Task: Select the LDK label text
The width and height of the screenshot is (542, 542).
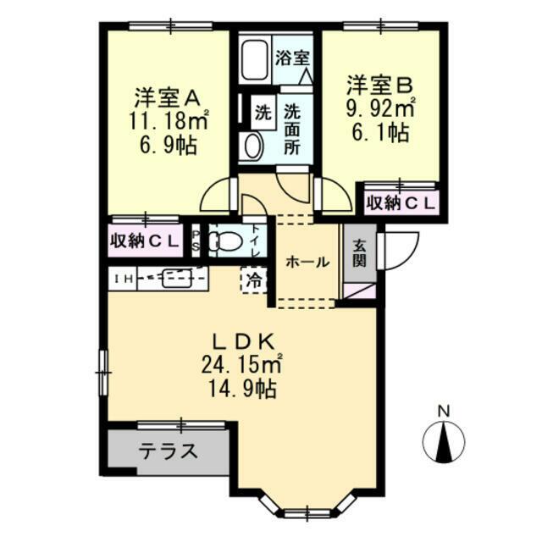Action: [243, 342]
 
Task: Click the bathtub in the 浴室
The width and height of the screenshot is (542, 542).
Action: [255, 61]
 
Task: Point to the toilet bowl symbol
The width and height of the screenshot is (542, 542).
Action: [225, 241]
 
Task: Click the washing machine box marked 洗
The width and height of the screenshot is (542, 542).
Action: [263, 113]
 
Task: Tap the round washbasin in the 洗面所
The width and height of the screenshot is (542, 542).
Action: [253, 146]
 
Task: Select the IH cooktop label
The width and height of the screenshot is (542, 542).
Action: [123, 279]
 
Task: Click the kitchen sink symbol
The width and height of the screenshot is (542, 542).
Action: [176, 279]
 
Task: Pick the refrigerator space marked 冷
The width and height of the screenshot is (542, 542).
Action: [254, 280]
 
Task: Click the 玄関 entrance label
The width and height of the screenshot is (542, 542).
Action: [359, 253]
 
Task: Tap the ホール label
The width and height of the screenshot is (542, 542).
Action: [307, 263]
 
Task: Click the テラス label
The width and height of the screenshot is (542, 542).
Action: [169, 451]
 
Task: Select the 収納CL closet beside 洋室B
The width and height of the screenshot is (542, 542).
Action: [401, 204]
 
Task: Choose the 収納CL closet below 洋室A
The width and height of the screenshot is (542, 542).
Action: [145, 241]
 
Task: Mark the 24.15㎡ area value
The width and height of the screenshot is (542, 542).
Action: [241, 366]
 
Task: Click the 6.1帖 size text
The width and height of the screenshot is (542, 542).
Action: [380, 132]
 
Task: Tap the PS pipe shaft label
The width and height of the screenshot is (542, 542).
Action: [196, 241]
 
